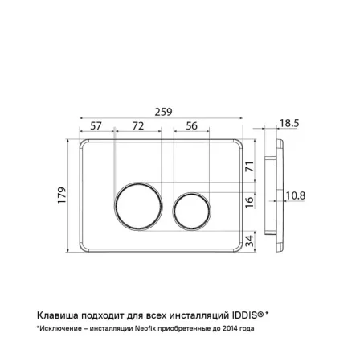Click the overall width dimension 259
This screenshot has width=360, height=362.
tap(163, 112)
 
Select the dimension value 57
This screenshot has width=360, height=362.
tap(96, 125)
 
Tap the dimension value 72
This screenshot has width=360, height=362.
tap(138, 125)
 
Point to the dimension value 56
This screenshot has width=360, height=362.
tap(191, 125)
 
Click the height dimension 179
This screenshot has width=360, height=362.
tap(62, 195)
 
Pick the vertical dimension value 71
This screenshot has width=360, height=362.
tap(249, 167)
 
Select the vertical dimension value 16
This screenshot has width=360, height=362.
tap(249, 202)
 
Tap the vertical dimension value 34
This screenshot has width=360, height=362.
tap(249, 241)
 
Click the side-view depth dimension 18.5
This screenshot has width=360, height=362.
tap(289, 123)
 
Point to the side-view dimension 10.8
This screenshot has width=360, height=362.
tap(296, 195)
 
